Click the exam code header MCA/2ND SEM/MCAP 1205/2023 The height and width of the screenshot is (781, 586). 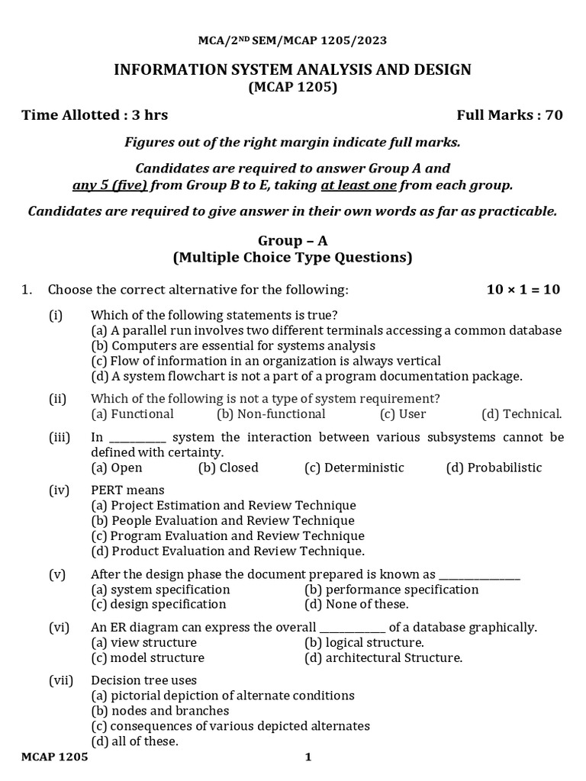292,41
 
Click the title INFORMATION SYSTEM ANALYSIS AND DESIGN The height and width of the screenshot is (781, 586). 292,70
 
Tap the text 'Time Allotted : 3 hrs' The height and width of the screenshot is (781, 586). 95,115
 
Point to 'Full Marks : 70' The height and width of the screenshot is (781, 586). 509,115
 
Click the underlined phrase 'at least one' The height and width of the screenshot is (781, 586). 359,185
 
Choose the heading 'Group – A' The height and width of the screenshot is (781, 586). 292,240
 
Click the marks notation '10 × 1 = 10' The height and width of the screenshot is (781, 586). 523,290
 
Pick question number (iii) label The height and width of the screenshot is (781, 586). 60,437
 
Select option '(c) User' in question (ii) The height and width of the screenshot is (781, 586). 403,414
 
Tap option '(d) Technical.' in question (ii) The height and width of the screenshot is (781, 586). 521,414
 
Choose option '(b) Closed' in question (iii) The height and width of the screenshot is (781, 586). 228,468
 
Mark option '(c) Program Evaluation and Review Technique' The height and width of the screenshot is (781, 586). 227,536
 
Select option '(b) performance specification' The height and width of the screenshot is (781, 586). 391,590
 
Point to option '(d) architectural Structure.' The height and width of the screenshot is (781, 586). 383,657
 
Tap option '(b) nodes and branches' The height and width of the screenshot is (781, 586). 159,711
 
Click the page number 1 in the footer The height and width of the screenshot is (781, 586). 308,757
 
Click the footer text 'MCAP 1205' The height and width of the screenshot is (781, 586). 54,757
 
